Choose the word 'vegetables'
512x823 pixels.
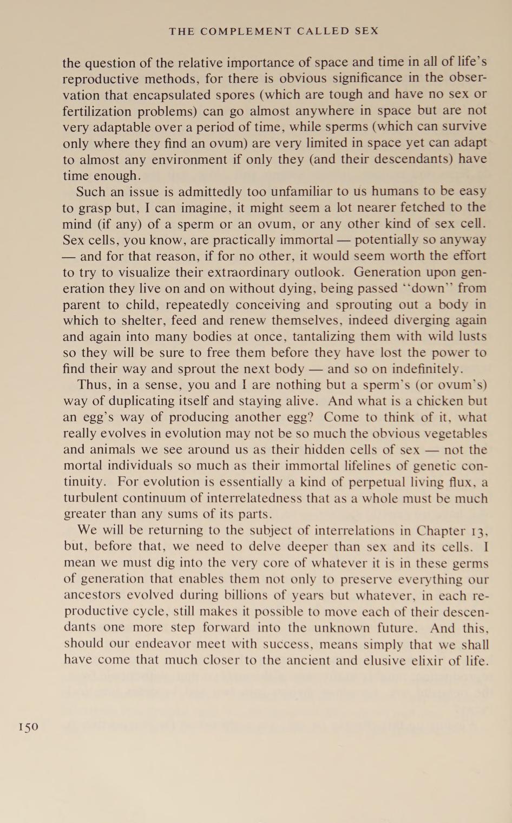coord(455,434)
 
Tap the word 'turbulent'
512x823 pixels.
coord(90,498)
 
